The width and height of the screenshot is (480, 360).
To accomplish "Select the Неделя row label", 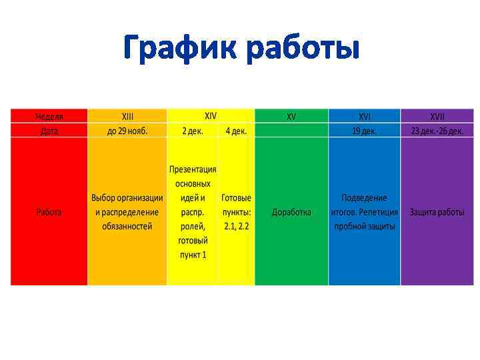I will pyautogui.click(x=49, y=117).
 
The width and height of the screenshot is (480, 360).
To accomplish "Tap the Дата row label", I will pyautogui.click(x=49, y=131).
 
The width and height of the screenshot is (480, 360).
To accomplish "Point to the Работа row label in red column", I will pyautogui.click(x=49, y=212).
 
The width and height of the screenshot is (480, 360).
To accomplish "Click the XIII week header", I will pyautogui.click(x=127, y=117).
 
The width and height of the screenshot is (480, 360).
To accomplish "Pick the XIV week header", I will pyautogui.click(x=211, y=115).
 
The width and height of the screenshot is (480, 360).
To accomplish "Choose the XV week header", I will pyautogui.click(x=291, y=117).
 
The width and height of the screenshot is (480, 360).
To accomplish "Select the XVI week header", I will pyautogui.click(x=365, y=117).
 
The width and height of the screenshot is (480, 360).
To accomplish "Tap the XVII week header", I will pyautogui.click(x=437, y=117).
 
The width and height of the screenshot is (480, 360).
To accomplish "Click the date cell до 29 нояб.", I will pyautogui.click(x=127, y=131).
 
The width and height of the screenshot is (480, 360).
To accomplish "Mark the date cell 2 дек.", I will pyautogui.click(x=193, y=131).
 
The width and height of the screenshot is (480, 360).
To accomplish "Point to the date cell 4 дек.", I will pyautogui.click(x=236, y=131).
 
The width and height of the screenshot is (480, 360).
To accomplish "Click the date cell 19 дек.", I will pyautogui.click(x=365, y=131).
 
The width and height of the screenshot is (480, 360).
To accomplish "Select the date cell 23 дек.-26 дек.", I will pyautogui.click(x=437, y=131).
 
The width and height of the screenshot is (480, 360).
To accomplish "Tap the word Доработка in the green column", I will pyautogui.click(x=291, y=212).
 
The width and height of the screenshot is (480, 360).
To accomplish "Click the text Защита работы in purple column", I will pyautogui.click(x=437, y=212).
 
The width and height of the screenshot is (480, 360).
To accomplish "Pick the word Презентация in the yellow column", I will pyautogui.click(x=193, y=169).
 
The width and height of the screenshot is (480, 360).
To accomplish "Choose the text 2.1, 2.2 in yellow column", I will pyautogui.click(x=236, y=227).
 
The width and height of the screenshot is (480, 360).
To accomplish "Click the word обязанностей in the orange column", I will pyautogui.click(x=127, y=227).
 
